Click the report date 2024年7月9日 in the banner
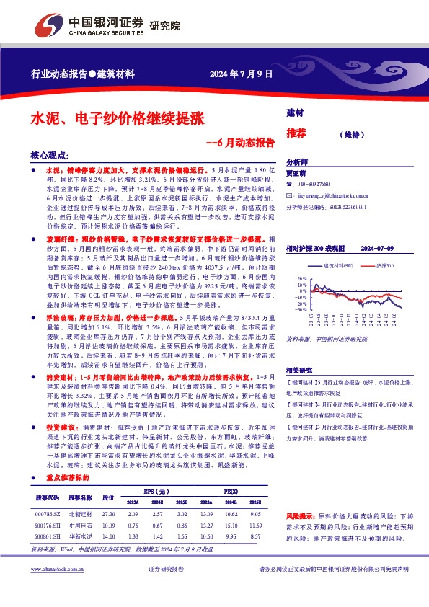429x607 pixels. [242, 74]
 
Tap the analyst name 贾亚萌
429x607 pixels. [296, 174]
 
